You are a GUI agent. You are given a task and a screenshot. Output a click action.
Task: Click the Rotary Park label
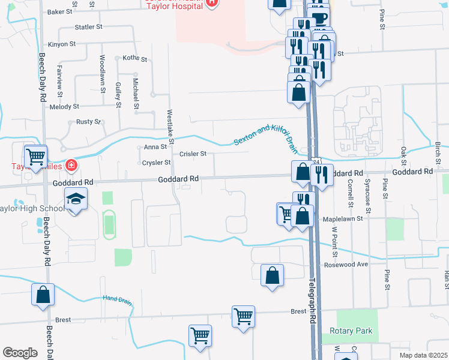click(x=351, y=331)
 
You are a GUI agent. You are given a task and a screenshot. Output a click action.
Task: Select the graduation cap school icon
click(x=76, y=199)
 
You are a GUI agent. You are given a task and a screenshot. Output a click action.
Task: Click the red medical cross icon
click(x=71, y=164)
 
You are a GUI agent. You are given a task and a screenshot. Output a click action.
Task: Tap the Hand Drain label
click(x=117, y=298)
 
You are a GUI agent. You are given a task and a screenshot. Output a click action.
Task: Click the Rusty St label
click(x=89, y=122)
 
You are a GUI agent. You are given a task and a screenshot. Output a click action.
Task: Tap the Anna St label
click(x=155, y=146)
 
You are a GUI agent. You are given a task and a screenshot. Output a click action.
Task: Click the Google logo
click(x=20, y=353)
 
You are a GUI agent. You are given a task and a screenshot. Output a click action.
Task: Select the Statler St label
click(x=89, y=27)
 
